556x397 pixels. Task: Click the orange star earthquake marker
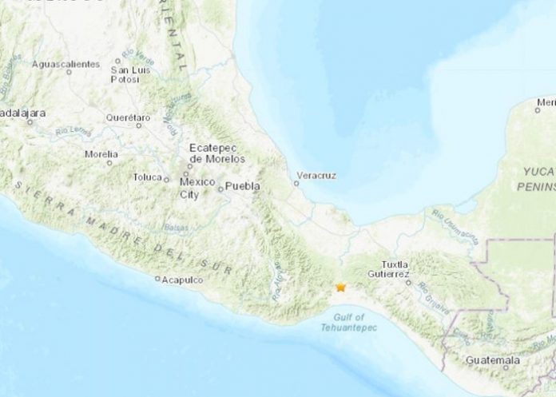pyautogui.click(x=341, y=287)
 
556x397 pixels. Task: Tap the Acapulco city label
pyautogui.click(x=183, y=280)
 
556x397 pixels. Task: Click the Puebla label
pyautogui.click(x=243, y=186)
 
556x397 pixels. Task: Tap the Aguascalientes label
pyautogui.click(x=67, y=63)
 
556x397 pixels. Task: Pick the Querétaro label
pyautogui.click(x=128, y=117)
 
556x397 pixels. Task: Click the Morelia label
pyautogui.click(x=101, y=153)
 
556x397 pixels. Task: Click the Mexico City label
pyautogui.click(x=197, y=189)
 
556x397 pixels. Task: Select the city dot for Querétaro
pyautogui.click(x=139, y=125)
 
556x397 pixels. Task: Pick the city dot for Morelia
pyautogui.click(x=110, y=162)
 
